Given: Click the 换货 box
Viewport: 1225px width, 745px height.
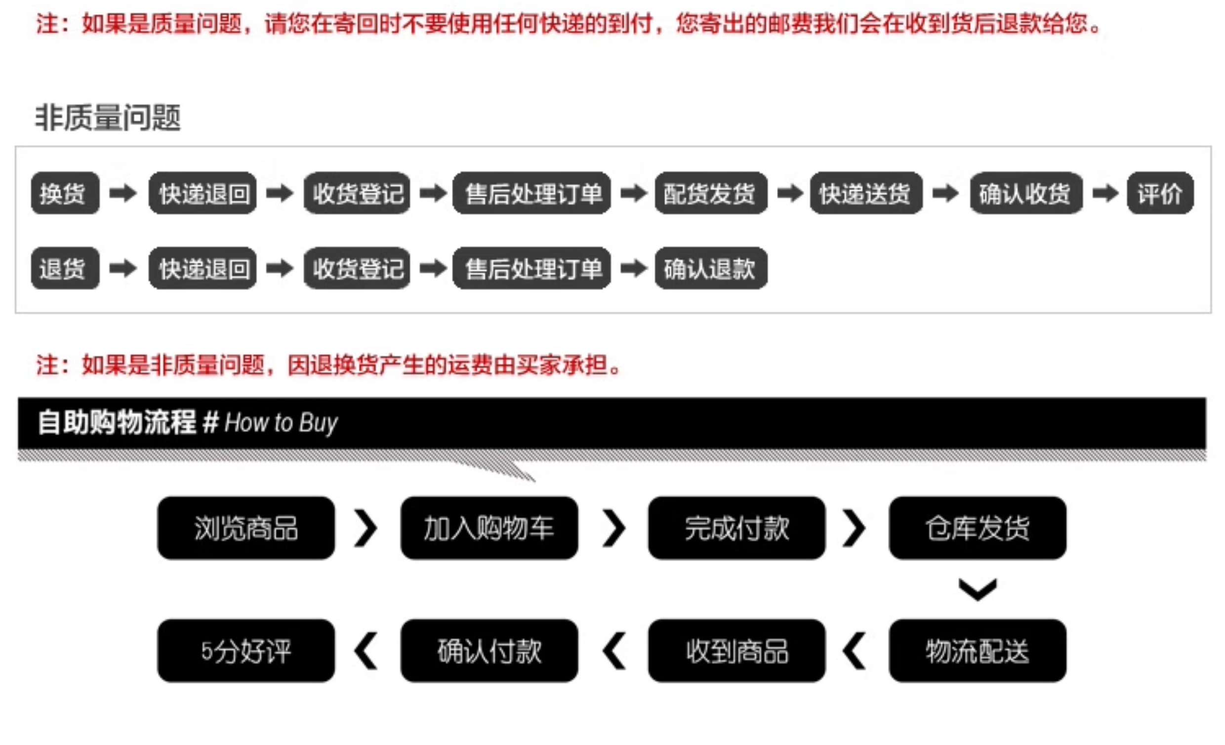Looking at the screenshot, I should [x=65, y=193].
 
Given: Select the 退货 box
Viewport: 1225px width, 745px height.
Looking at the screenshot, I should [x=65, y=268].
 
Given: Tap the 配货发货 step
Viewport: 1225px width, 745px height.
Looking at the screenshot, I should [x=710, y=193].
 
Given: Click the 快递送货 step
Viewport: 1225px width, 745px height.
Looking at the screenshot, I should [x=865, y=193].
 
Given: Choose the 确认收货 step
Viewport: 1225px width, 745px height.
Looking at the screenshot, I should [x=1025, y=193].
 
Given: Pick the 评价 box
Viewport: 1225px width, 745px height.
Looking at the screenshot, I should [x=1160, y=193].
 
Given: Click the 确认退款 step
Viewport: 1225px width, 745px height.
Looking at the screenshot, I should [x=710, y=268].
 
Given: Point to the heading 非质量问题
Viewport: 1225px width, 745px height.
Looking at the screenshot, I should [x=107, y=118].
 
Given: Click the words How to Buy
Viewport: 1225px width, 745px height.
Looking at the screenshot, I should [x=281, y=423].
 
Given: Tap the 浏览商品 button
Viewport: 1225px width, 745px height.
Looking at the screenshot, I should [x=246, y=528].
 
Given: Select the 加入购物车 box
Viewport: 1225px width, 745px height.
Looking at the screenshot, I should [x=489, y=528].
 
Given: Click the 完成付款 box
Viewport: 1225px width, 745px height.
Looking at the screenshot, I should [x=736, y=528].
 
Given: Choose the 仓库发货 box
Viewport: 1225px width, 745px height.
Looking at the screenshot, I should [x=978, y=528].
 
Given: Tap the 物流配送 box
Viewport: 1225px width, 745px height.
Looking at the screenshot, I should [x=978, y=651].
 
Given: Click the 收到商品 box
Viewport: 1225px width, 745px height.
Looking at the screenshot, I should [x=736, y=651].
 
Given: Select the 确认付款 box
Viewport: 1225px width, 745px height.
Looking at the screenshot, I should [x=489, y=651].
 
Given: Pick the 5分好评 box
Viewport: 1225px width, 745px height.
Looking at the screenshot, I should [x=246, y=651].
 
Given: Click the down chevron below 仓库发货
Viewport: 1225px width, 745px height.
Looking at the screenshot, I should [x=978, y=589].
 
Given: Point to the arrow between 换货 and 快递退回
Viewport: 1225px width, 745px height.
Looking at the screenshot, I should [x=123, y=193].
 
